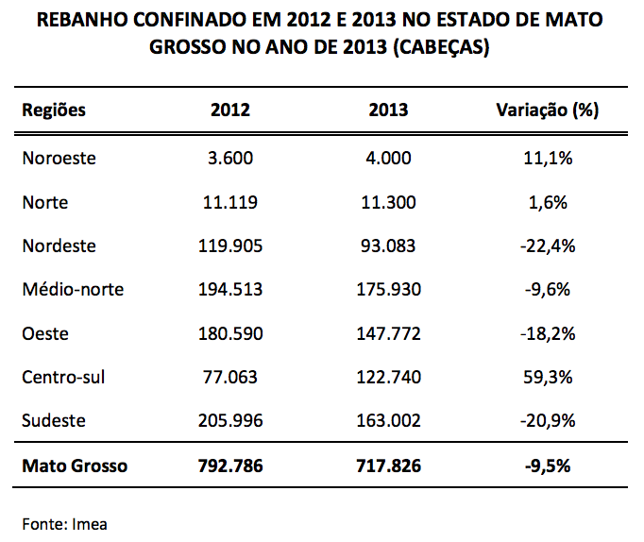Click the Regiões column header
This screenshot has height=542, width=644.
tap(54, 110)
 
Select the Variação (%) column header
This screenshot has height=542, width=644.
tap(548, 110)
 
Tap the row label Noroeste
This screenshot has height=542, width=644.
tap(59, 159)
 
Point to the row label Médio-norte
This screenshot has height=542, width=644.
tap(73, 290)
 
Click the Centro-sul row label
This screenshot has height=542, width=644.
tap(63, 378)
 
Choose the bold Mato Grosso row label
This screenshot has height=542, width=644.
tap(75, 466)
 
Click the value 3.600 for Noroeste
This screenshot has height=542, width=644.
tap(230, 159)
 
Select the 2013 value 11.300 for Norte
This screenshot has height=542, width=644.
tap(389, 202)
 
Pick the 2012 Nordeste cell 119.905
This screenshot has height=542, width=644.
tap(230, 246)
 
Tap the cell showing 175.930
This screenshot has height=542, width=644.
tap(389, 290)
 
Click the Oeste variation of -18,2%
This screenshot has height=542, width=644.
tap(548, 334)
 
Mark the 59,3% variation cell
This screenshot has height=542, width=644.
tap(548, 378)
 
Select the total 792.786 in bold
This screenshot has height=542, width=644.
tap(230, 466)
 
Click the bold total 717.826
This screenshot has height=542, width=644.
tap(389, 466)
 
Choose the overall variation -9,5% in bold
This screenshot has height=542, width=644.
tap(548, 466)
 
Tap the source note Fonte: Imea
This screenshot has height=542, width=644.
tap(64, 522)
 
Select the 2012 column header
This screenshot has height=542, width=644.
tap(230, 110)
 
